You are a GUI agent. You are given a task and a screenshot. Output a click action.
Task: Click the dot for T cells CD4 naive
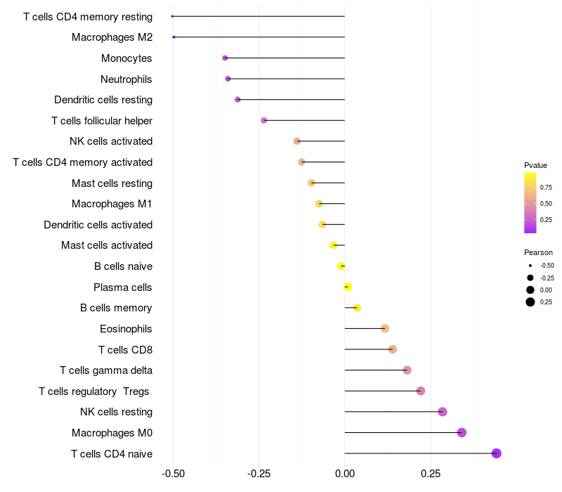(497, 453)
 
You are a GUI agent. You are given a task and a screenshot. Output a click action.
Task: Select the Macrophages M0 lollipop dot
(462, 432)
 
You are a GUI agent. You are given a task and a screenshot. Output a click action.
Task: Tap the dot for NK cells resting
(443, 412)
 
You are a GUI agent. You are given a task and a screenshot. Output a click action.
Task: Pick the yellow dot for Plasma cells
(348, 287)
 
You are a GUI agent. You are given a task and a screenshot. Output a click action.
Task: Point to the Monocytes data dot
(225, 58)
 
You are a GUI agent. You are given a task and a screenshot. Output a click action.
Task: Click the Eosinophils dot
(385, 328)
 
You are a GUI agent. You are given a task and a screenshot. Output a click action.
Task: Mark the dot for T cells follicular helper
(264, 120)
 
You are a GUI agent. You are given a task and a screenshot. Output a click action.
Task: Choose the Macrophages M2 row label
(112, 37)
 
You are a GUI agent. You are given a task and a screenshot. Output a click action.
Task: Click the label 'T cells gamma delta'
(106, 370)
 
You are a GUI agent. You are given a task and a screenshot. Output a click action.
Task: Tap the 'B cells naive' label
(123, 266)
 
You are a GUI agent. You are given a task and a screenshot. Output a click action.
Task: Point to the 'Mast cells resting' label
(112, 183)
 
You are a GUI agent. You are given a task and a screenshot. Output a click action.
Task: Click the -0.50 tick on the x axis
(173, 474)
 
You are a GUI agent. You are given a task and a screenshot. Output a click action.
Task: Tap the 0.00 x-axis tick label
(345, 474)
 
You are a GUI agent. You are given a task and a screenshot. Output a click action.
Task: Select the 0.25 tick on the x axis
(431, 474)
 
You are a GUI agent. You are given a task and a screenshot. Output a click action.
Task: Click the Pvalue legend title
(535, 165)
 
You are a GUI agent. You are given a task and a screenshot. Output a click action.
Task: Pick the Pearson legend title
(538, 252)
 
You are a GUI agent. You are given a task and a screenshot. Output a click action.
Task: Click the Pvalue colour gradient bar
(530, 202)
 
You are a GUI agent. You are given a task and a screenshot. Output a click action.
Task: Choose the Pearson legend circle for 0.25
(530, 302)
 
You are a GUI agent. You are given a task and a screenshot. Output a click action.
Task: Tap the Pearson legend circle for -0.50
(530, 266)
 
